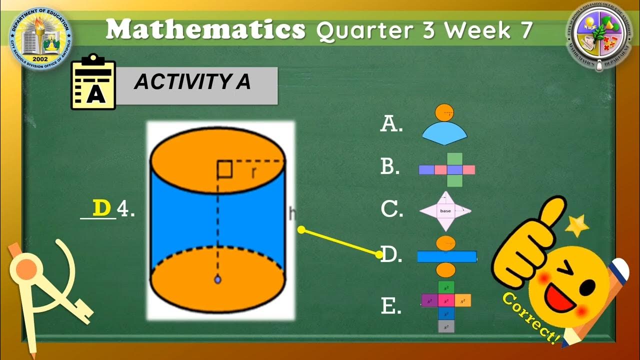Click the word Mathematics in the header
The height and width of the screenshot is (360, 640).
click(x=205, y=30)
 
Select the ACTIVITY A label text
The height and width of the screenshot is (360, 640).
click(x=192, y=82)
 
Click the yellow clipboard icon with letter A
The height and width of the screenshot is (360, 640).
click(x=93, y=82)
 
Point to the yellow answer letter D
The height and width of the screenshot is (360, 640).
click(x=101, y=208)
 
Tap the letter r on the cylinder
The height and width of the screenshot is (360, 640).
click(x=254, y=172)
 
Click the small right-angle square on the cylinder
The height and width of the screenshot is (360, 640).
click(x=224, y=169)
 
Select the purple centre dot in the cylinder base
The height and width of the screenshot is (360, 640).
click(x=217, y=279)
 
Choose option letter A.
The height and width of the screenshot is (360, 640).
click(x=391, y=123)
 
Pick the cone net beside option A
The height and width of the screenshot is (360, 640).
click(x=444, y=124)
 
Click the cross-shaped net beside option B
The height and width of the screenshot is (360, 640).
click(x=447, y=169)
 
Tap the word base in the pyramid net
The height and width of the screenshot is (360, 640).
click(x=445, y=211)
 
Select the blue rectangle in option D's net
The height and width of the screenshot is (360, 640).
click(x=446, y=256)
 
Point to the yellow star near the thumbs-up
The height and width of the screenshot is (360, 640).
click(x=577, y=226)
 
